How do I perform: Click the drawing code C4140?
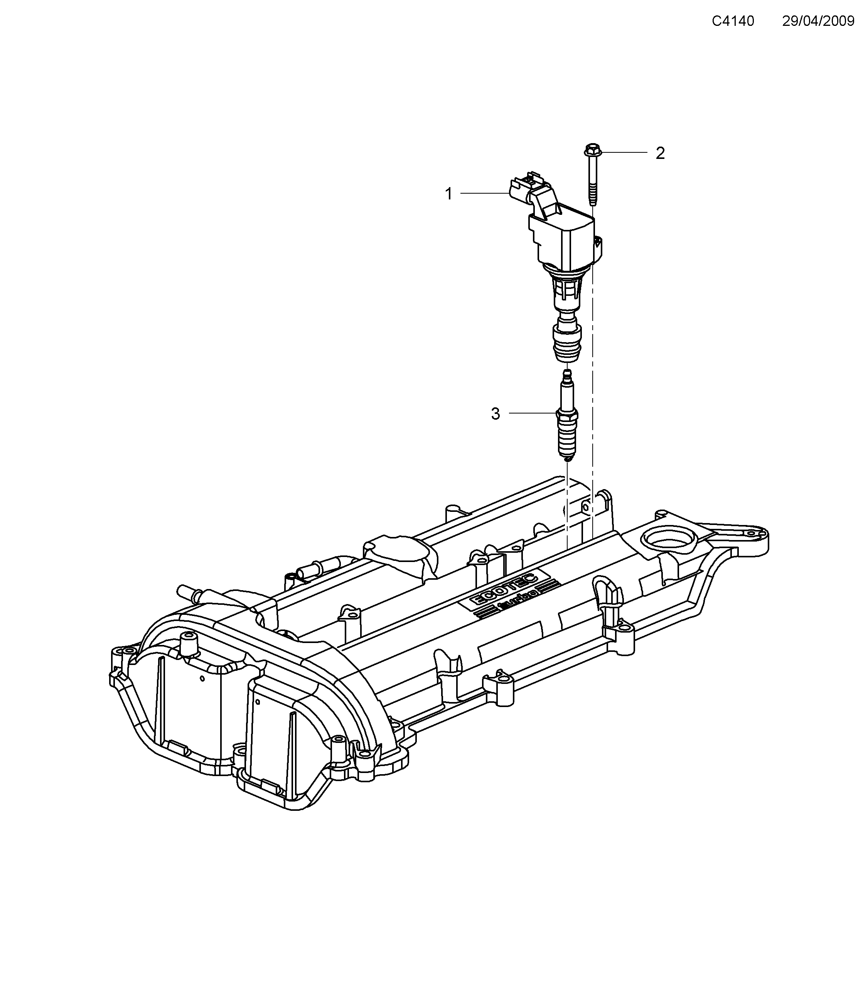(733, 21)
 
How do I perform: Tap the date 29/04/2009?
(818, 21)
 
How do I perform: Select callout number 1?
(448, 194)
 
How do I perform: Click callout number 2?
(660, 153)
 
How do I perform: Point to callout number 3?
(496, 414)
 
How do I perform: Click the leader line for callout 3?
(532, 413)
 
